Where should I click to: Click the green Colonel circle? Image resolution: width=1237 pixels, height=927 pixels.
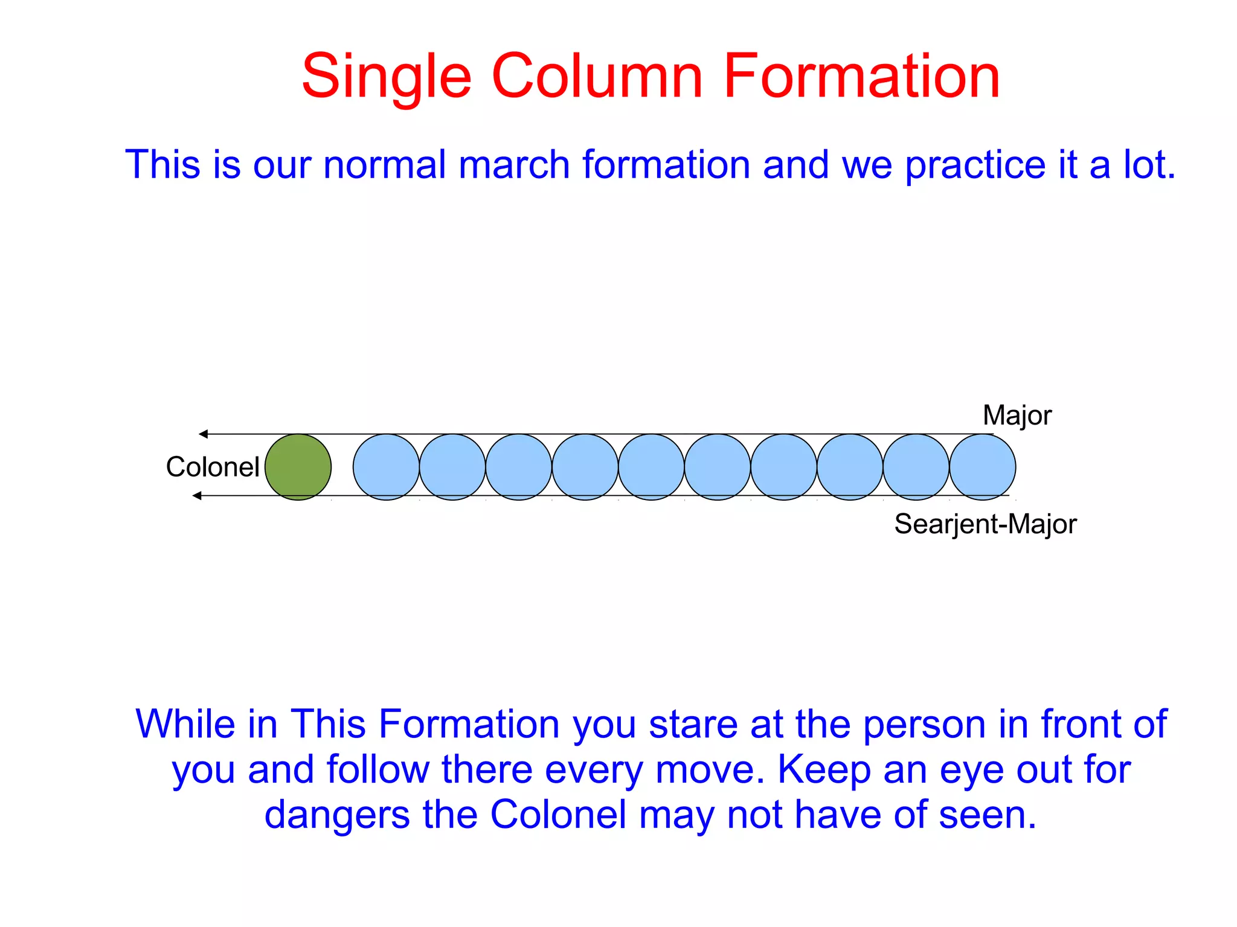(x=298, y=467)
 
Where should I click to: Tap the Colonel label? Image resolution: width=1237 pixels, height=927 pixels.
(x=213, y=467)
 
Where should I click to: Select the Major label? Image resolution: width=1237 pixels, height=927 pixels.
(x=1017, y=415)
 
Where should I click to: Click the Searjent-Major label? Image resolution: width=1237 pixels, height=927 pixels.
(x=985, y=524)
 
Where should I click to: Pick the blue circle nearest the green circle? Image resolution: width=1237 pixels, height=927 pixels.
(x=386, y=467)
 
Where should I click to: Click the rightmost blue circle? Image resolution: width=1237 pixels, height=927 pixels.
(x=982, y=467)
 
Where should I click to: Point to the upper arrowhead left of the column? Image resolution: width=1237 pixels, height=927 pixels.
(x=204, y=434)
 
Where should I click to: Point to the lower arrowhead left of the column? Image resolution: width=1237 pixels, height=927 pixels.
(x=197, y=496)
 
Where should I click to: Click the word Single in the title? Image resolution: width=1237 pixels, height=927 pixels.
(x=386, y=77)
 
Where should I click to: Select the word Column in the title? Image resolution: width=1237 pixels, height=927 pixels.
(x=597, y=77)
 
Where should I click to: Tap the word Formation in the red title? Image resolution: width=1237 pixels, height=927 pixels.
(x=861, y=77)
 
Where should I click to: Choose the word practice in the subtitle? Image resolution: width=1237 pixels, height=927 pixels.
(x=975, y=164)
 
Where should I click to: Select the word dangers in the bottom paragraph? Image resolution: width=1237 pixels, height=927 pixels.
(x=337, y=815)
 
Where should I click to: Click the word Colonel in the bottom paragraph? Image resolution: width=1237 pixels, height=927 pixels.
(x=558, y=815)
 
